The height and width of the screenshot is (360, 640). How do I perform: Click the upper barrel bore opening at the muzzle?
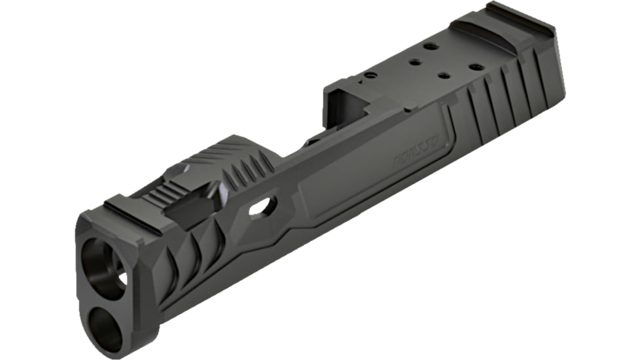[105, 262]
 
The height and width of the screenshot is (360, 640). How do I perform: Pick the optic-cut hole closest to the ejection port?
[371, 77]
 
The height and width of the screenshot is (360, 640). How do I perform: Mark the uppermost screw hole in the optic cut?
[430, 46]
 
